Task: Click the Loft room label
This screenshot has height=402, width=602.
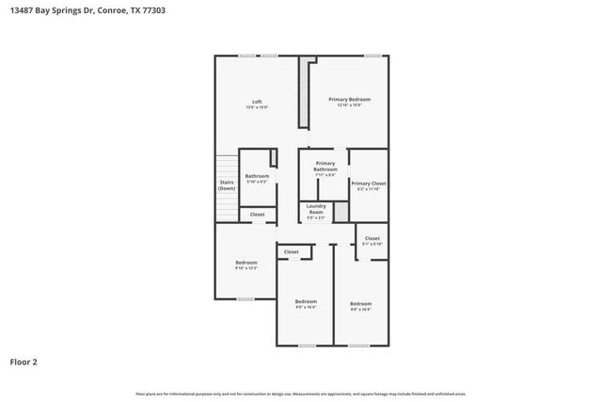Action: (257, 101)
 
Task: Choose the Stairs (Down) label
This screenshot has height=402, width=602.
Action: (227, 185)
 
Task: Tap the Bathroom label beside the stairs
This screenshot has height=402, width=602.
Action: (257, 177)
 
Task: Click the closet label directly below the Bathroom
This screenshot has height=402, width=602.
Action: (257, 215)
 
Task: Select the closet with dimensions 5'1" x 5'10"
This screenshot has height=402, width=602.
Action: (372, 241)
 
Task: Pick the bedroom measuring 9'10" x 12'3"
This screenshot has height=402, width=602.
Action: (246, 265)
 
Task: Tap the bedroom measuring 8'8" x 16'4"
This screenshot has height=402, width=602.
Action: (361, 305)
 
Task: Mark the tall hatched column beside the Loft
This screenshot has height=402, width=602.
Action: (304, 92)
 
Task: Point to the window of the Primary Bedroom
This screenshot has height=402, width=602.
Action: (372, 56)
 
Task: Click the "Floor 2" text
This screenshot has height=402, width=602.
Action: (24, 361)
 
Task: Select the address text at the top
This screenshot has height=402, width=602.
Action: (84, 10)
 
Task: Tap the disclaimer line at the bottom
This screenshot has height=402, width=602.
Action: (301, 394)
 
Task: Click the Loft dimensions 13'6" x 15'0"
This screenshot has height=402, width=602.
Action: (257, 107)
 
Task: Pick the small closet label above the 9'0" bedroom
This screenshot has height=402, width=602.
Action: (292, 251)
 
